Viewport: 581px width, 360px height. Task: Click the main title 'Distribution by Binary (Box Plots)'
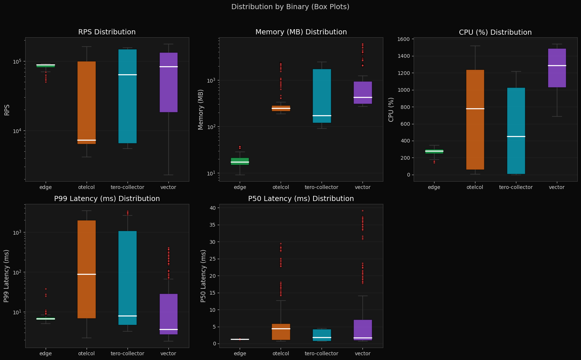click(290, 7)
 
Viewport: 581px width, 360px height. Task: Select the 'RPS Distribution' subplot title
click(107, 32)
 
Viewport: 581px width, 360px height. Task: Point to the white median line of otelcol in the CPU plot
click(475, 109)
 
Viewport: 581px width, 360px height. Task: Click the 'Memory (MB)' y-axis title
click(201, 110)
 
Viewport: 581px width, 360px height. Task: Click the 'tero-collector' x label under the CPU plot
click(516, 187)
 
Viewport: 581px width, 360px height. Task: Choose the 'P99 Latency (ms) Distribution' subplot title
click(107, 199)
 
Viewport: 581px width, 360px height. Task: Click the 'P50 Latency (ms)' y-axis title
click(204, 276)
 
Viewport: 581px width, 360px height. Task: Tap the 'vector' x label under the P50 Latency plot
click(362, 353)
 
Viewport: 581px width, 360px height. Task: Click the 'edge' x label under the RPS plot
click(46, 187)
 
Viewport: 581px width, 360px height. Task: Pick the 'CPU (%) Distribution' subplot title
click(495, 33)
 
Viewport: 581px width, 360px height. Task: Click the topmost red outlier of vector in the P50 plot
click(362, 211)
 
